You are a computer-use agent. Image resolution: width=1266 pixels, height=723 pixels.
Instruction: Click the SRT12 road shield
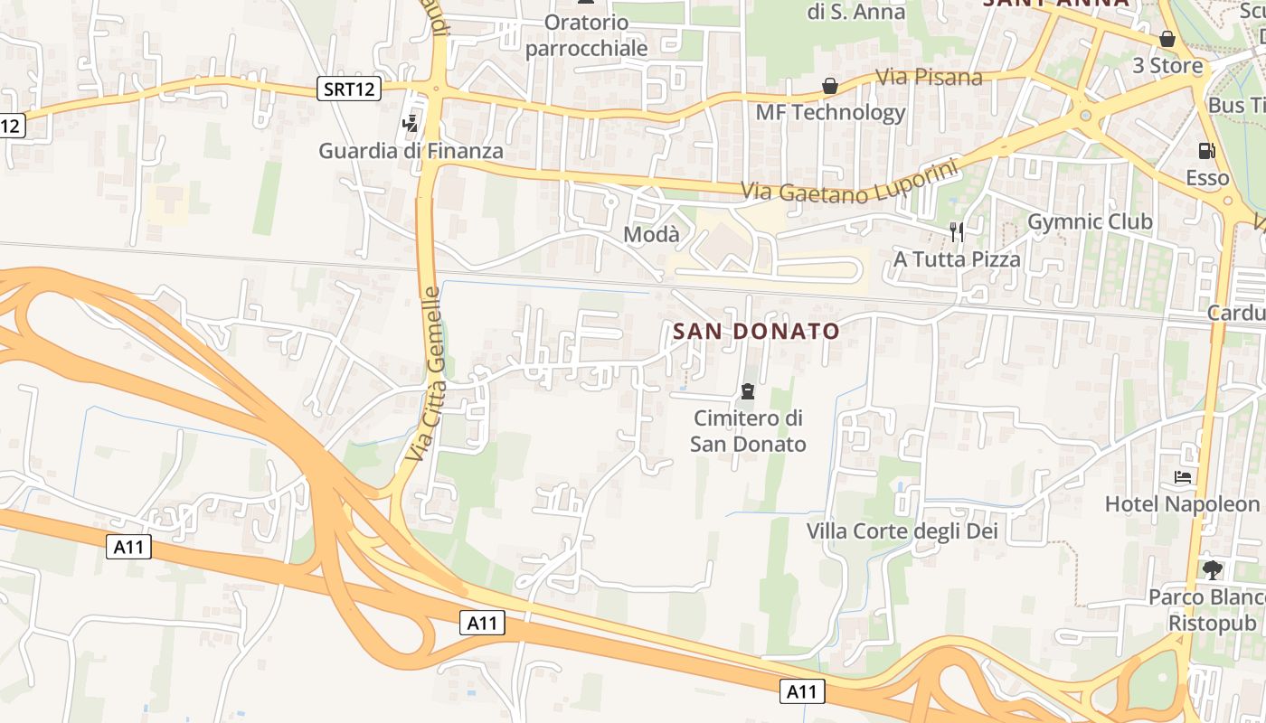pyautogui.click(x=350, y=89)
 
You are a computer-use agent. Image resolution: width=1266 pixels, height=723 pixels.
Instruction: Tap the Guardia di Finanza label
pyautogui.click(x=411, y=151)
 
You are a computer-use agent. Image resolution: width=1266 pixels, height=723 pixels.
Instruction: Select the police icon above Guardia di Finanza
pyautogui.click(x=411, y=123)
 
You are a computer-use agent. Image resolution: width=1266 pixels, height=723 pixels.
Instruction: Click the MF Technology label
pyautogui.click(x=830, y=113)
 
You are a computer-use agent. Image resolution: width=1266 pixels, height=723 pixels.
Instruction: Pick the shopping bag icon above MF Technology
pyautogui.click(x=830, y=86)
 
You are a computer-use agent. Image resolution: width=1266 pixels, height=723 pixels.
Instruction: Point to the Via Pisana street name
pyautogui.click(x=929, y=78)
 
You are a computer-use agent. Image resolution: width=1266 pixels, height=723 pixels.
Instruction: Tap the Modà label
pyautogui.click(x=651, y=235)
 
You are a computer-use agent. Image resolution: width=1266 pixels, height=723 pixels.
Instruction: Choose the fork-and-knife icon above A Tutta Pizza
pyautogui.click(x=957, y=232)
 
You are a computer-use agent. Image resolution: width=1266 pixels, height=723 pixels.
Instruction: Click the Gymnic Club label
pyautogui.click(x=1090, y=222)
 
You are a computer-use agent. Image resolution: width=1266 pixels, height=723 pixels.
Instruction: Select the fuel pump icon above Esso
pyautogui.click(x=1206, y=151)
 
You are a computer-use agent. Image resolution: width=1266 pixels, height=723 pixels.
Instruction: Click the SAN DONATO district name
pyautogui.click(x=756, y=332)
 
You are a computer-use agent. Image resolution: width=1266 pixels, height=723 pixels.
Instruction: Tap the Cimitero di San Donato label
pyautogui.click(x=748, y=431)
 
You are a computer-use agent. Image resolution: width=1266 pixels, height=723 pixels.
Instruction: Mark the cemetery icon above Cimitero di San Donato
pyautogui.click(x=748, y=391)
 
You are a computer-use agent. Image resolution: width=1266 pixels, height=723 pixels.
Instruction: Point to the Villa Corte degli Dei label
pyautogui.click(x=902, y=531)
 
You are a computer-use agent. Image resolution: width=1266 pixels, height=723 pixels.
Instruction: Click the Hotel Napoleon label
pyautogui.click(x=1182, y=504)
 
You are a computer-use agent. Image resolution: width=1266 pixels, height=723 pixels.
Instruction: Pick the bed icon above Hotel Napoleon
pyautogui.click(x=1182, y=477)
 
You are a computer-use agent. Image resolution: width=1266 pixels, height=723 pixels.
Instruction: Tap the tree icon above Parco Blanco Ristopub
pyautogui.click(x=1212, y=569)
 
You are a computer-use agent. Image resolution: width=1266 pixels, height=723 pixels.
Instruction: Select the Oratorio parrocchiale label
pyautogui.click(x=586, y=35)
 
